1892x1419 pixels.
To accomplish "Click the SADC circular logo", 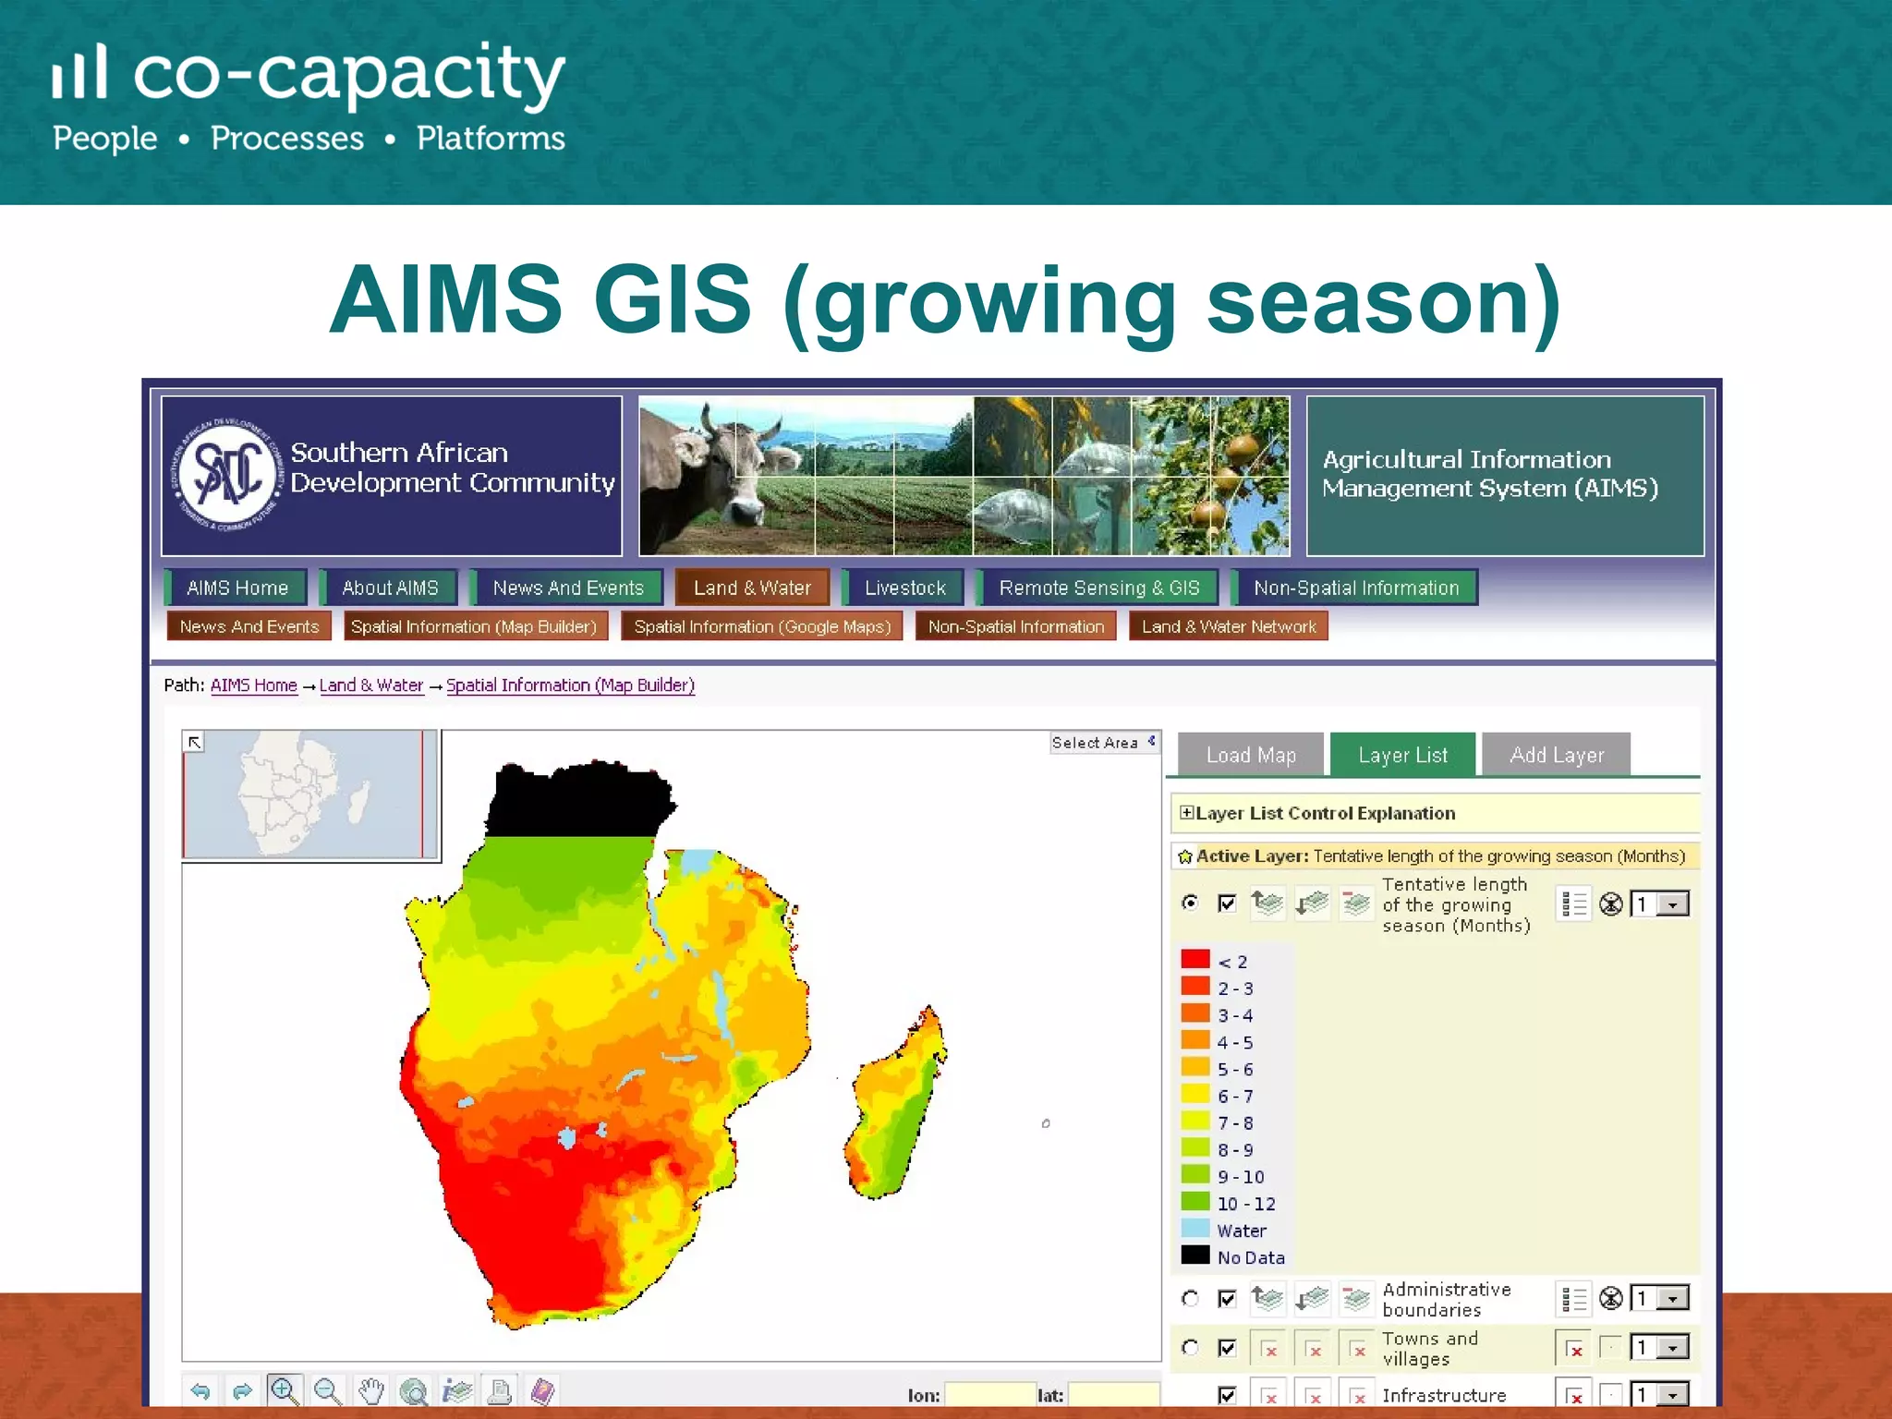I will pyautogui.click(x=226, y=475).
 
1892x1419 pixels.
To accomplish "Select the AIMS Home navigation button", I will pyautogui.click(x=236, y=588).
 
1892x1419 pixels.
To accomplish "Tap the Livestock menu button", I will pyautogui.click(x=904, y=588).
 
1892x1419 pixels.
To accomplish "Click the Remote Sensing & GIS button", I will pyautogui.click(x=1098, y=588).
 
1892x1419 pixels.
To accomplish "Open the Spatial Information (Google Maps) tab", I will pyautogui.click(x=762, y=626).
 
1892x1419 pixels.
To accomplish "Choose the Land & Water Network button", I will pyautogui.click(x=1228, y=626).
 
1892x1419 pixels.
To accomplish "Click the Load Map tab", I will pyautogui.click(x=1251, y=755).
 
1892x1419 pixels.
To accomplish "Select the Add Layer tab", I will pyautogui.click(x=1556, y=755).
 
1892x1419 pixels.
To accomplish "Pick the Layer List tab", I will pyautogui.click(x=1402, y=755).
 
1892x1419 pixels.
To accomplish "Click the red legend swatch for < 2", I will pyautogui.click(x=1195, y=960).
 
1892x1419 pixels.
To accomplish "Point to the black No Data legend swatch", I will pyautogui.click(x=1195, y=1255).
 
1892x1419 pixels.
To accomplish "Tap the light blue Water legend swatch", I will pyautogui.click(x=1195, y=1229).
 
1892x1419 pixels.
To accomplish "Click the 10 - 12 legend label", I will pyautogui.click(x=1245, y=1204).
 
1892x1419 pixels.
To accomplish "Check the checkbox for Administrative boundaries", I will pyautogui.click(x=1227, y=1299).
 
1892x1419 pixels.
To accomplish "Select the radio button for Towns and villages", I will pyautogui.click(x=1191, y=1348).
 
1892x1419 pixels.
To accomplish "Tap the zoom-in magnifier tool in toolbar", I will pyautogui.click(x=284, y=1389).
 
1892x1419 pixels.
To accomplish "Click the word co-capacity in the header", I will pyautogui.click(x=348, y=74).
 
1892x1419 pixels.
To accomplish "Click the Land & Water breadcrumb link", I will pyautogui.click(x=371, y=685).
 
